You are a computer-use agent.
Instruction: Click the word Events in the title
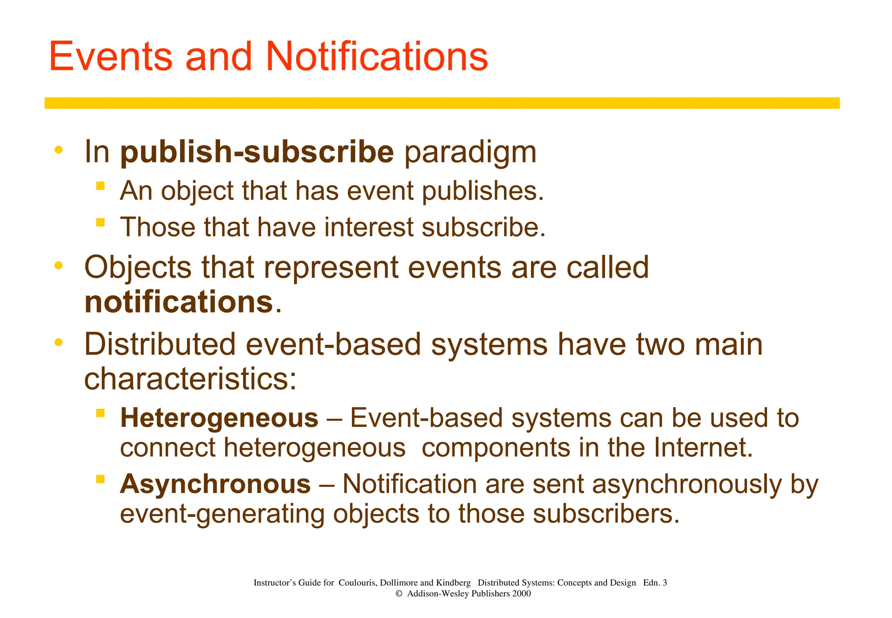111,57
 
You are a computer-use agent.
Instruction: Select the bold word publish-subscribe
257,152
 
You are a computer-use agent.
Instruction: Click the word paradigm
470,153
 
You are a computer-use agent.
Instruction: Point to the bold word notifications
179,302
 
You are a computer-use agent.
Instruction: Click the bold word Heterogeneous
219,418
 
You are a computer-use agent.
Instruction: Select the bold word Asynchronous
215,484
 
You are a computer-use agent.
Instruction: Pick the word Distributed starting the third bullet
159,345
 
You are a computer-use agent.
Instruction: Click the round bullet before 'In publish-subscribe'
58,150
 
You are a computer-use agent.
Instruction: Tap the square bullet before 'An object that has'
101,186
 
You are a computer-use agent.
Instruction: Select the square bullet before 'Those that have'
101,223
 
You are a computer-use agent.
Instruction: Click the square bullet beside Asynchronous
101,479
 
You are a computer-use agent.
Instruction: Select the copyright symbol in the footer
399,594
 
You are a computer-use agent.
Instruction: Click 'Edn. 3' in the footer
655,583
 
